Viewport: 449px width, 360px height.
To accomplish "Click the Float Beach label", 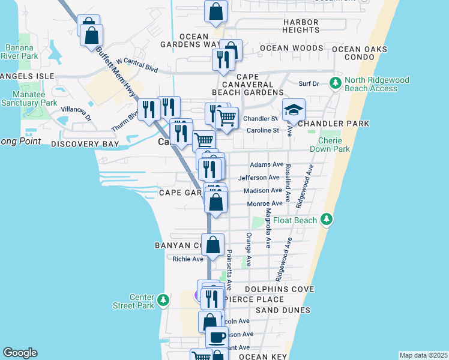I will coord(295,220).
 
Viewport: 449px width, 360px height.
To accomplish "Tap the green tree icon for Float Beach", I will coord(327,220).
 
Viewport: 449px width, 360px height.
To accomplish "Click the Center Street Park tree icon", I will coord(163,299).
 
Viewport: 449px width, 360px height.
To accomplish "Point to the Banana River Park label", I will coord(21,52).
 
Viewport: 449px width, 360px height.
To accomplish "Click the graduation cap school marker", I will coord(294,110).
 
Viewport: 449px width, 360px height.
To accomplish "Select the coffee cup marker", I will coord(217,337).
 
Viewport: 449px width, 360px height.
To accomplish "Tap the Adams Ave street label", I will coord(267,164).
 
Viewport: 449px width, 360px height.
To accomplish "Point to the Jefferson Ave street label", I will coord(259,178).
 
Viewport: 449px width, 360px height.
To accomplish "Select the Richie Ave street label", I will coord(188,259).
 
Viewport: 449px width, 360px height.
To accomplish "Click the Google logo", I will coord(20,353).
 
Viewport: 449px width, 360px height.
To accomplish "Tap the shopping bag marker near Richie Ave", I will coord(212,245).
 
